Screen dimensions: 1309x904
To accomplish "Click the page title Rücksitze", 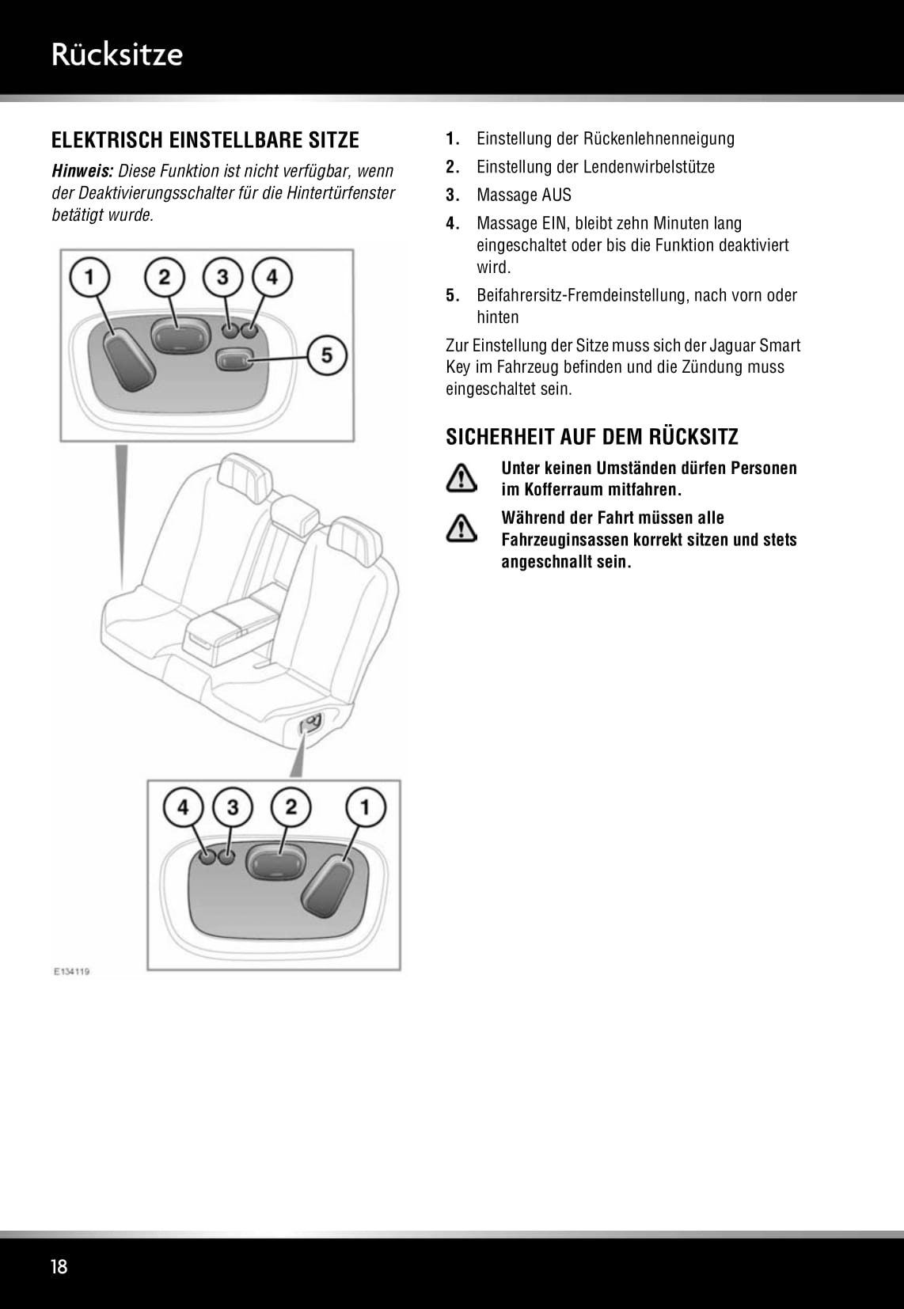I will (116, 55).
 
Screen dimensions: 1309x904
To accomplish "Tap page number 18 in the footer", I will (59, 1266).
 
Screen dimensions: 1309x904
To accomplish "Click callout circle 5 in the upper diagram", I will (327, 355).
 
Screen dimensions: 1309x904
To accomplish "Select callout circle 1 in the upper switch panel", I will (89, 277).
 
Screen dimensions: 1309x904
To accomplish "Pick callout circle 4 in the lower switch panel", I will (183, 807).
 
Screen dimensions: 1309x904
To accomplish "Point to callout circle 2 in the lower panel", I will (291, 807).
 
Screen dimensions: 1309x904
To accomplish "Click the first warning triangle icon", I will (461, 479).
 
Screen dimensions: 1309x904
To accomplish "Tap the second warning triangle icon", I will (461, 528).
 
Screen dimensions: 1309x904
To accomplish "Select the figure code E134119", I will (71, 971).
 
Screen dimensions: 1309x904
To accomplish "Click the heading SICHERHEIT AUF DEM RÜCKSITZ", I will (591, 437).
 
